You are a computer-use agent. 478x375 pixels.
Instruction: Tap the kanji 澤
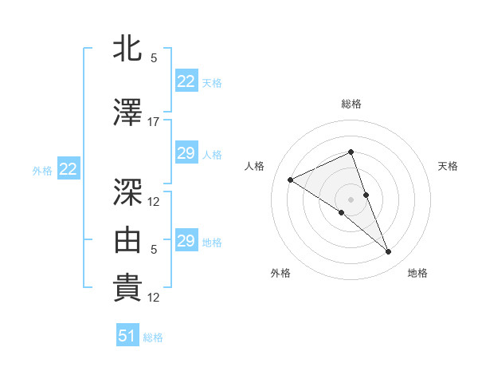click(127, 112)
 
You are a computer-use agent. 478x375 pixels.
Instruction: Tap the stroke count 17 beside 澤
click(154, 122)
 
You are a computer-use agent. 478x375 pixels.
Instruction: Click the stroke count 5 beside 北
click(154, 58)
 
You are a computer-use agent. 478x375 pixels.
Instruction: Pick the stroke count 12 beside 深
click(154, 201)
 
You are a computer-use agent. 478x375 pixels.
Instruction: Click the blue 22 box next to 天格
click(186, 81)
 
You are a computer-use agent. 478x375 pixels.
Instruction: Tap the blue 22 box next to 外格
click(68, 169)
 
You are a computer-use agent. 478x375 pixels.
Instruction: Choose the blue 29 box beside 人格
click(186, 153)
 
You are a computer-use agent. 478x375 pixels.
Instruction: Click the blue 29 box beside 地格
click(186, 241)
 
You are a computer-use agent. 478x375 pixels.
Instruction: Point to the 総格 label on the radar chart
click(351, 104)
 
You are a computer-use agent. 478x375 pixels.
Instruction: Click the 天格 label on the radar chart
click(448, 166)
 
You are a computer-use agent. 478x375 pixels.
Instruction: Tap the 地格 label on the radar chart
click(417, 273)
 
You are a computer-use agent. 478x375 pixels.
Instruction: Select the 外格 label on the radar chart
click(280, 273)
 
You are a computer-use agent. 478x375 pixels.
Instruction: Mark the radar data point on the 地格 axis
click(389, 252)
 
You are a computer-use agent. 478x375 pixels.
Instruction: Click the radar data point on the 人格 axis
click(291, 180)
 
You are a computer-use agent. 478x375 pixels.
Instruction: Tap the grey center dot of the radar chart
click(351, 199)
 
